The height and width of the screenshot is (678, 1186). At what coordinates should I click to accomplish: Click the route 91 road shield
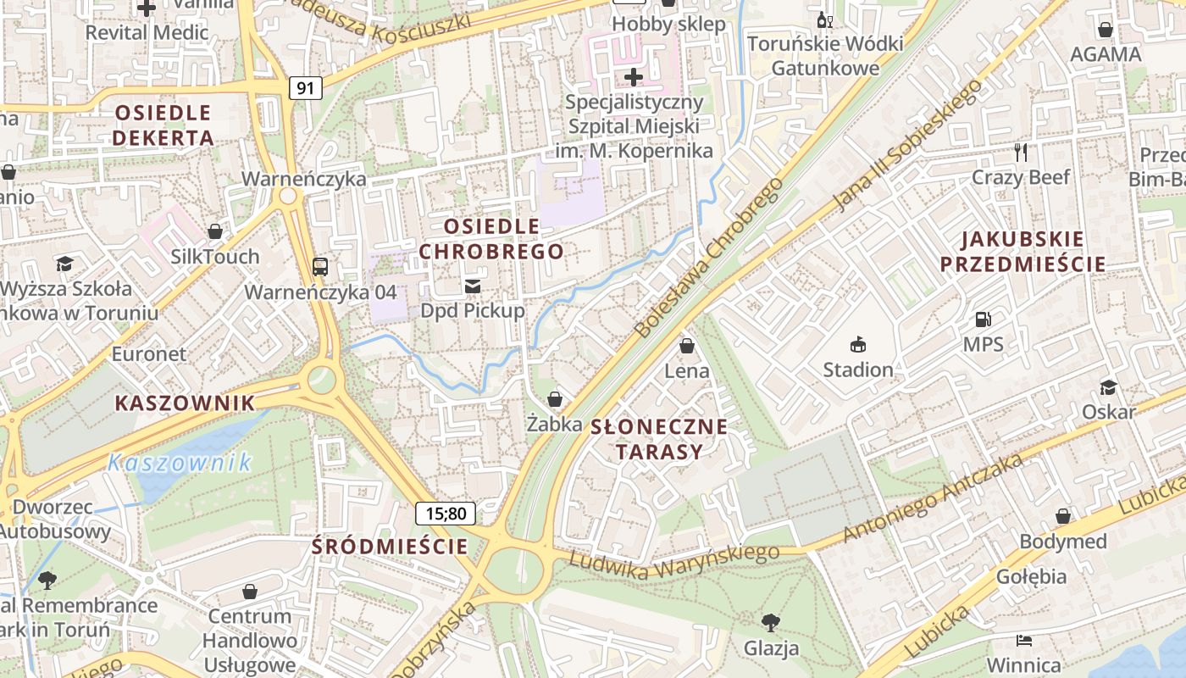(306, 87)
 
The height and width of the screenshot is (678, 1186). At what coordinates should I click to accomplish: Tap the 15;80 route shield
(446, 513)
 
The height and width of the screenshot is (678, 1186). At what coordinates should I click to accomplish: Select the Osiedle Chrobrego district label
(491, 239)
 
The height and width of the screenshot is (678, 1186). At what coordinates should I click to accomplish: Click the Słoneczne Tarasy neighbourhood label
(659, 438)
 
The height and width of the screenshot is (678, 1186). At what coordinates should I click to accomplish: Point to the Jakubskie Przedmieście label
(1023, 252)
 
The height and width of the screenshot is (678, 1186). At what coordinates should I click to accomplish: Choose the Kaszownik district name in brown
(185, 403)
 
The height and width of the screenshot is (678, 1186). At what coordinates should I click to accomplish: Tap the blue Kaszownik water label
(180, 463)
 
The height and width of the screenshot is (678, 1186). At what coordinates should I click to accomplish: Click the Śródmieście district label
(390, 547)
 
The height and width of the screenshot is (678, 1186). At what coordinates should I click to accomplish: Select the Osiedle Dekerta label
(163, 125)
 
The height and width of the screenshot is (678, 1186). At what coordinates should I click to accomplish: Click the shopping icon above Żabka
(555, 398)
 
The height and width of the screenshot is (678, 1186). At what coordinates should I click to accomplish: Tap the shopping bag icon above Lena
(687, 346)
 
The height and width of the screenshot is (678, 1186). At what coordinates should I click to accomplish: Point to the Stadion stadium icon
(858, 344)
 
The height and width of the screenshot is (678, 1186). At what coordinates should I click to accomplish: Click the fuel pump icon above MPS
(983, 320)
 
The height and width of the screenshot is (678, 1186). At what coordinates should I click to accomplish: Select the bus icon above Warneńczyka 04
(320, 267)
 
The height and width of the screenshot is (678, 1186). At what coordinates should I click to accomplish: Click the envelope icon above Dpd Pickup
(473, 286)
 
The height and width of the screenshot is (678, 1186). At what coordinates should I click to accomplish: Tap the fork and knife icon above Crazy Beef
(1021, 153)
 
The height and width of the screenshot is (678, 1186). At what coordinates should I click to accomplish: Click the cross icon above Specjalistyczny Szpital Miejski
(634, 78)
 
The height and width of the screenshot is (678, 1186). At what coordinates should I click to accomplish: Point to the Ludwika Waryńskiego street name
(673, 563)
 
